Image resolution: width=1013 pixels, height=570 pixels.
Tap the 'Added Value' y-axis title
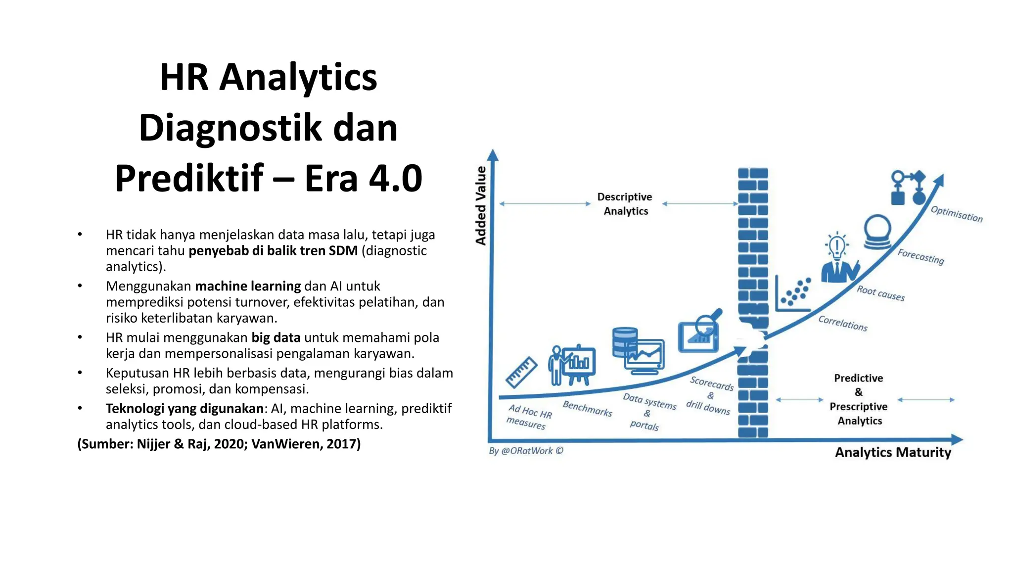481,205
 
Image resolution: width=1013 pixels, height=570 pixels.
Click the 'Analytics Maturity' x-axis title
893,452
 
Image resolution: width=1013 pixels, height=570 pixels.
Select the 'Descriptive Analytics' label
625,204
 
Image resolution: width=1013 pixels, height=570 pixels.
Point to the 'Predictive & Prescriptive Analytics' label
859,399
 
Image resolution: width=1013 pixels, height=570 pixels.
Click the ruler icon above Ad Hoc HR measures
521,372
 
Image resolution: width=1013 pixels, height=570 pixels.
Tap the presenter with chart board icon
572,365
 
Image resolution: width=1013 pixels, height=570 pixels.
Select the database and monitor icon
638,350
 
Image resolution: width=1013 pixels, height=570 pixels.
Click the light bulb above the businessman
836,244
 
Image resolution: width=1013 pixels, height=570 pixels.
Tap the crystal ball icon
877,232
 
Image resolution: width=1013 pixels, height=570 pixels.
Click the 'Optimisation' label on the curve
957,214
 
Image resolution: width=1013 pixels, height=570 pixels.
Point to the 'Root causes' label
880,293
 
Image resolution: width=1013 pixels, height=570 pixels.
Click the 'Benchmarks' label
587,409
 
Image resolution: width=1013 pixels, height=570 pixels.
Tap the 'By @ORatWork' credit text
526,451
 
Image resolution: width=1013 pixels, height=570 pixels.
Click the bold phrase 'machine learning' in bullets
248,286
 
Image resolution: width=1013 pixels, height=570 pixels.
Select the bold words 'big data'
276,337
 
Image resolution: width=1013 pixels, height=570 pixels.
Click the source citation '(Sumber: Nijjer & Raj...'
219,444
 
